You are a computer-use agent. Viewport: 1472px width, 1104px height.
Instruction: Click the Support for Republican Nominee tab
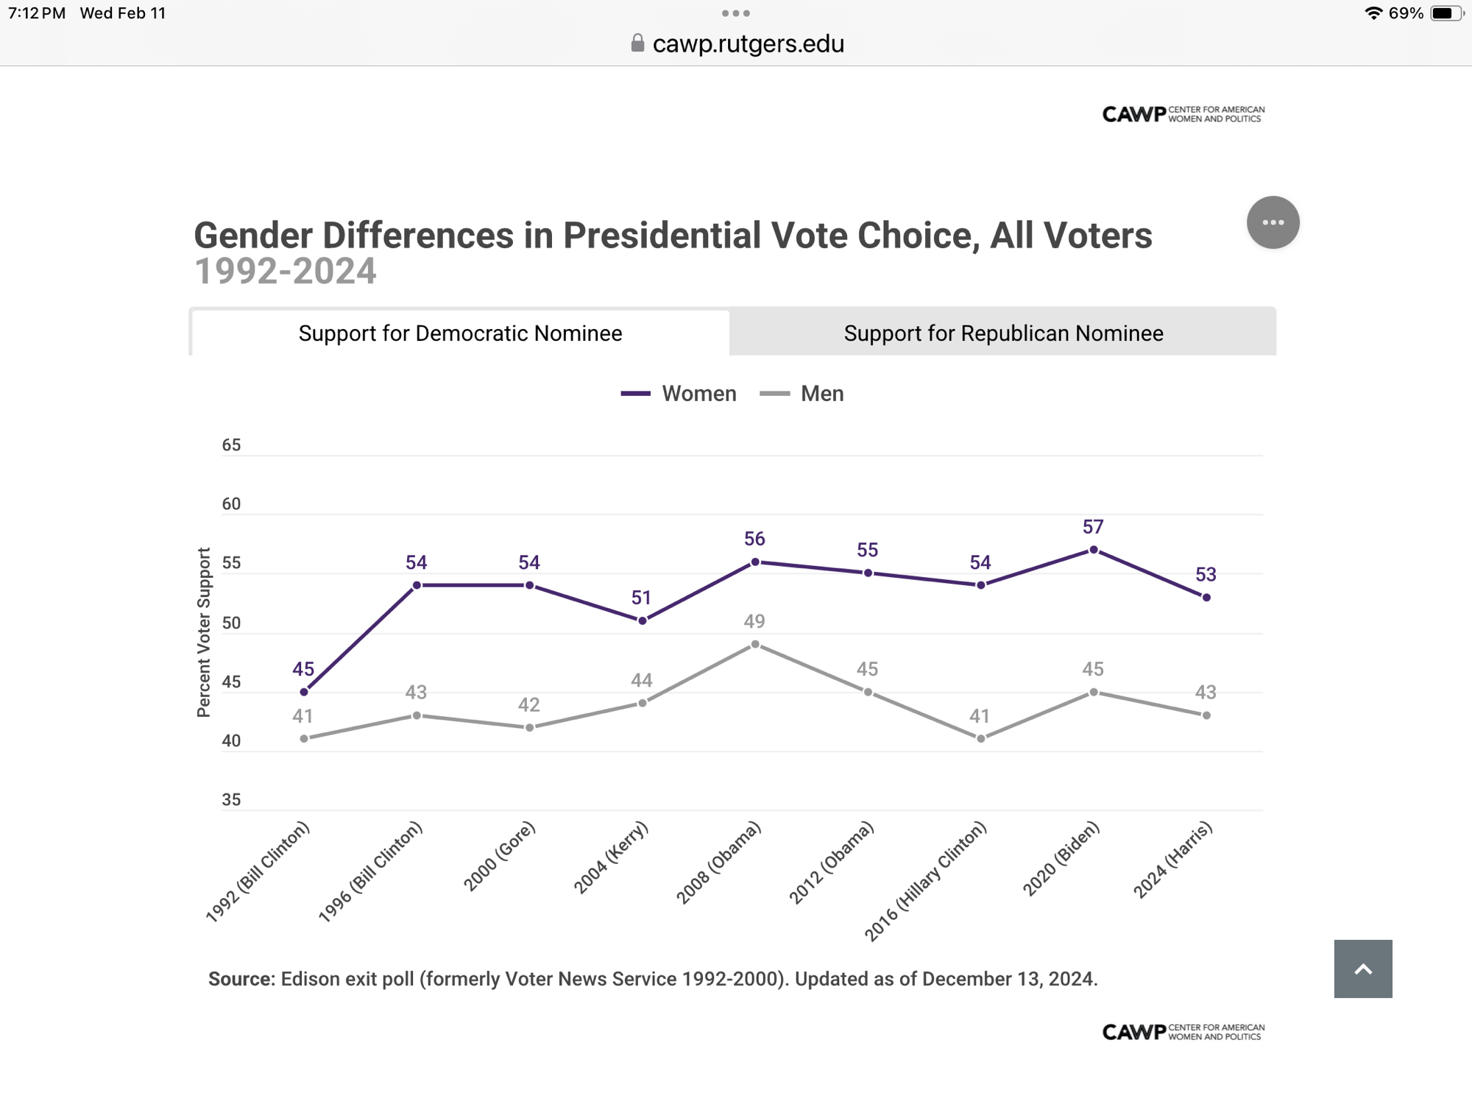click(x=1003, y=333)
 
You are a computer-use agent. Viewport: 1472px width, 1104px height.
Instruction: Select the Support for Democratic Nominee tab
click(x=460, y=333)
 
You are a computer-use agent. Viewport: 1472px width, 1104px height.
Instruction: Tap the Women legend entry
click(x=679, y=394)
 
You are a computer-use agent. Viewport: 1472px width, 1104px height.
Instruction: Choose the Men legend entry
click(x=802, y=394)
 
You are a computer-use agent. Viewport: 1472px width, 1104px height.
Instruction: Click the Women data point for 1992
click(x=304, y=692)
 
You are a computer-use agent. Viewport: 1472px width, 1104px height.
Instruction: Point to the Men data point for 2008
click(x=755, y=645)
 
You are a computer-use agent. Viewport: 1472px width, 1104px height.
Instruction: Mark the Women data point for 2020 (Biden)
click(x=1094, y=550)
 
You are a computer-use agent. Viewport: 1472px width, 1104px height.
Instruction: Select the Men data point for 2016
click(x=981, y=738)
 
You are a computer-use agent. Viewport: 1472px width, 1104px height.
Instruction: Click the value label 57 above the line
click(x=1093, y=527)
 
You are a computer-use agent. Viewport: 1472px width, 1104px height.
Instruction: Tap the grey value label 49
click(x=754, y=621)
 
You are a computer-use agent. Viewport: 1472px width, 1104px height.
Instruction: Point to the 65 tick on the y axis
click(x=231, y=445)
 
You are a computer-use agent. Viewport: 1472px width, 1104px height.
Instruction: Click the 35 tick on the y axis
click(x=231, y=800)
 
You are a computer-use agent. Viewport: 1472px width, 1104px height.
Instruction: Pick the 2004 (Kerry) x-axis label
click(x=611, y=857)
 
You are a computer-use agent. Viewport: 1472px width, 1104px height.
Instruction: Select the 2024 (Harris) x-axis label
click(x=1172, y=860)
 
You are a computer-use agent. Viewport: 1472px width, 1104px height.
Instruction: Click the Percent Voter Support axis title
click(x=204, y=632)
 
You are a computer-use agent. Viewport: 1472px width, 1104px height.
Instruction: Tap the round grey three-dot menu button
click(x=1273, y=222)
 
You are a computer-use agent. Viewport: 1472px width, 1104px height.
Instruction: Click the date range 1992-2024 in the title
click(x=286, y=272)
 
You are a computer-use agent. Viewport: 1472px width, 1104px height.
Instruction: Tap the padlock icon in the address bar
click(x=638, y=43)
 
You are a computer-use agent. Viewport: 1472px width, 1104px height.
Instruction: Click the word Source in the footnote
click(x=240, y=979)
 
